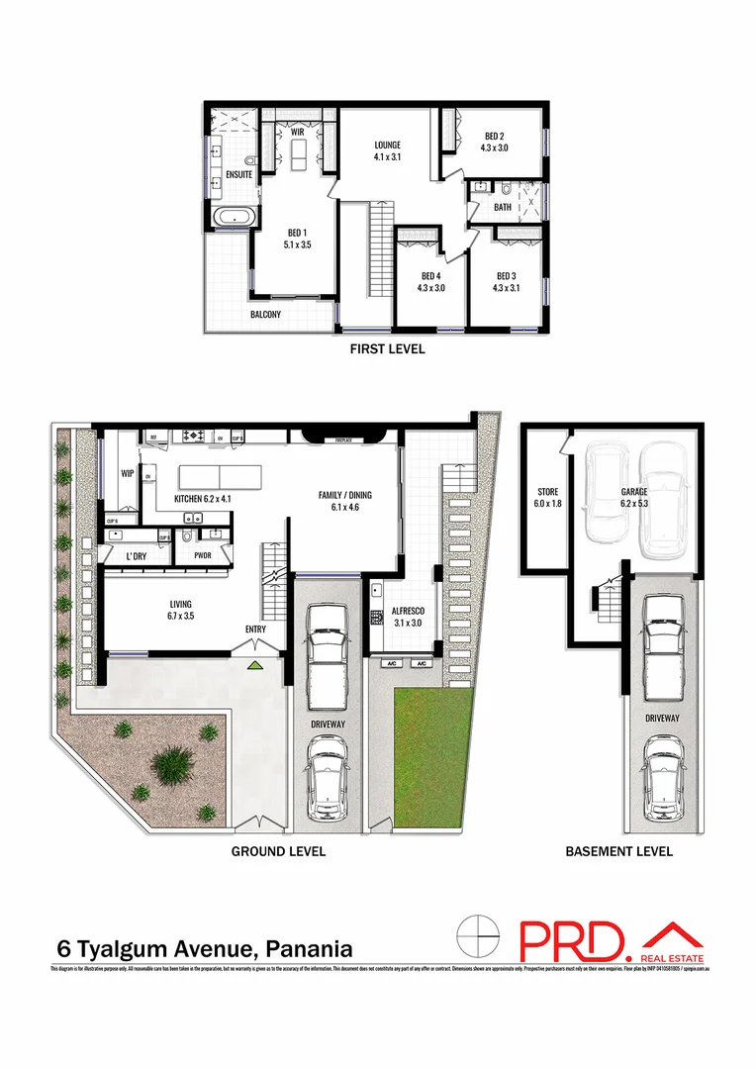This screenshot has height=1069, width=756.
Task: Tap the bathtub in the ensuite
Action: [235, 217]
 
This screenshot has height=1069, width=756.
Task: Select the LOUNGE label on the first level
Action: [387, 144]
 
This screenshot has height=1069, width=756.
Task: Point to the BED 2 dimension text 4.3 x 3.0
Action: [495, 148]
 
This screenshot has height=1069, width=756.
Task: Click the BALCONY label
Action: [265, 315]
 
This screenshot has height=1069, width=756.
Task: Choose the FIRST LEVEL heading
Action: [388, 348]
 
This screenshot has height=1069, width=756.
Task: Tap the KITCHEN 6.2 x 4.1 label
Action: [203, 498]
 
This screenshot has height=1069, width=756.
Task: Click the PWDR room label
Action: [203, 555]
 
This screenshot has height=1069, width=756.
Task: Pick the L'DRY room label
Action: [137, 556]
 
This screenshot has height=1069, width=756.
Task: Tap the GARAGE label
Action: [634, 491]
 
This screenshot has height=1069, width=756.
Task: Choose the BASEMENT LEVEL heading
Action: [618, 851]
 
